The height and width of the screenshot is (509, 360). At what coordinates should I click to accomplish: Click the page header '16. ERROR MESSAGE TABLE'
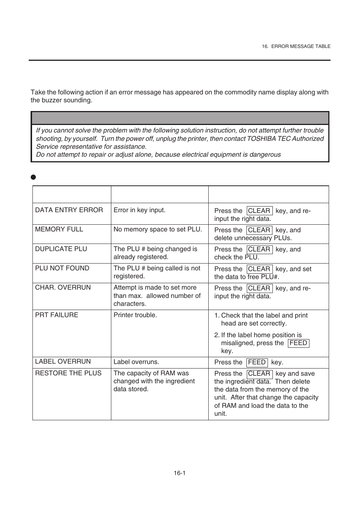(x=296, y=46)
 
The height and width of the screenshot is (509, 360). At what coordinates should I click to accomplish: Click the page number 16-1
(x=180, y=473)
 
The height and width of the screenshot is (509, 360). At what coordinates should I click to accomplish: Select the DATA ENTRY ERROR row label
(x=69, y=210)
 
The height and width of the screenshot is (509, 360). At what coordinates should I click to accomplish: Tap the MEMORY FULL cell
(x=59, y=229)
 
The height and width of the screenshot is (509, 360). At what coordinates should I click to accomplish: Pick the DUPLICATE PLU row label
(x=61, y=249)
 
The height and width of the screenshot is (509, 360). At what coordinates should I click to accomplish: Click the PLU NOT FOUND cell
(x=62, y=268)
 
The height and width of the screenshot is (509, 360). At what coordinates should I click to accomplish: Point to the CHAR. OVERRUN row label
(x=63, y=287)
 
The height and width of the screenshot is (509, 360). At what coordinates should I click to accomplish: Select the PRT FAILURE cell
(x=57, y=315)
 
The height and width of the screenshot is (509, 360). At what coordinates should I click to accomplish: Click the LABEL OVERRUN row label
(x=63, y=361)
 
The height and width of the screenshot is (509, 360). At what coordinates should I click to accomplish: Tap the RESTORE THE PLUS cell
(x=68, y=373)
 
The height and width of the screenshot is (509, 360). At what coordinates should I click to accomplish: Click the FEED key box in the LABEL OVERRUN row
(x=257, y=362)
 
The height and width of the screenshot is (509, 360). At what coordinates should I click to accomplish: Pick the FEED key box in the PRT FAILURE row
(x=298, y=343)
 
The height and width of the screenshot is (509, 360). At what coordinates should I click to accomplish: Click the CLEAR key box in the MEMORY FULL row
(x=259, y=230)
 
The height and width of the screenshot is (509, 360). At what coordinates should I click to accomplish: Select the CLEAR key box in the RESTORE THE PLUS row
(x=259, y=373)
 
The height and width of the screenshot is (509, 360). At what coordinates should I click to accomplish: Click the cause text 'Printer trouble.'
(x=135, y=315)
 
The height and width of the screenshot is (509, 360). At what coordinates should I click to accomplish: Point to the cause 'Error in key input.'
(x=139, y=210)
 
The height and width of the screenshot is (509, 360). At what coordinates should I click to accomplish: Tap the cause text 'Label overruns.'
(x=136, y=362)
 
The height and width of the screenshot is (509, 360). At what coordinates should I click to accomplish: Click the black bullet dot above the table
(x=33, y=177)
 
